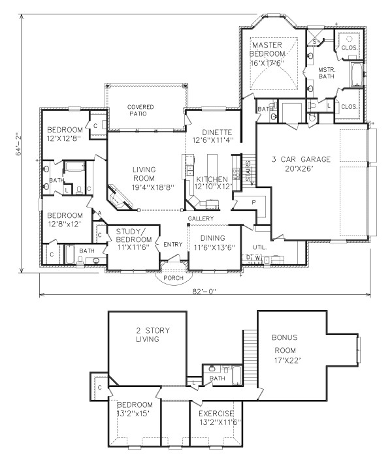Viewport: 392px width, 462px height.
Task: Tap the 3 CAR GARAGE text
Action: (x=301, y=159)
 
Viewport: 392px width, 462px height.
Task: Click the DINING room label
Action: (x=213, y=238)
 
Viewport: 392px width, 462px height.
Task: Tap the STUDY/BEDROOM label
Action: (x=134, y=236)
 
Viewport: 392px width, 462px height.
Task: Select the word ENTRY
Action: (x=173, y=245)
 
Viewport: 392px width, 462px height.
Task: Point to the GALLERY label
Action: (x=201, y=218)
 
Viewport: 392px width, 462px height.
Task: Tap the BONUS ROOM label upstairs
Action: (x=285, y=343)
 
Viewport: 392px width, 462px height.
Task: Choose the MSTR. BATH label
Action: (x=327, y=72)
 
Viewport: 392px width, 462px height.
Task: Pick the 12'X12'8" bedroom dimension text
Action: (x=64, y=138)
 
